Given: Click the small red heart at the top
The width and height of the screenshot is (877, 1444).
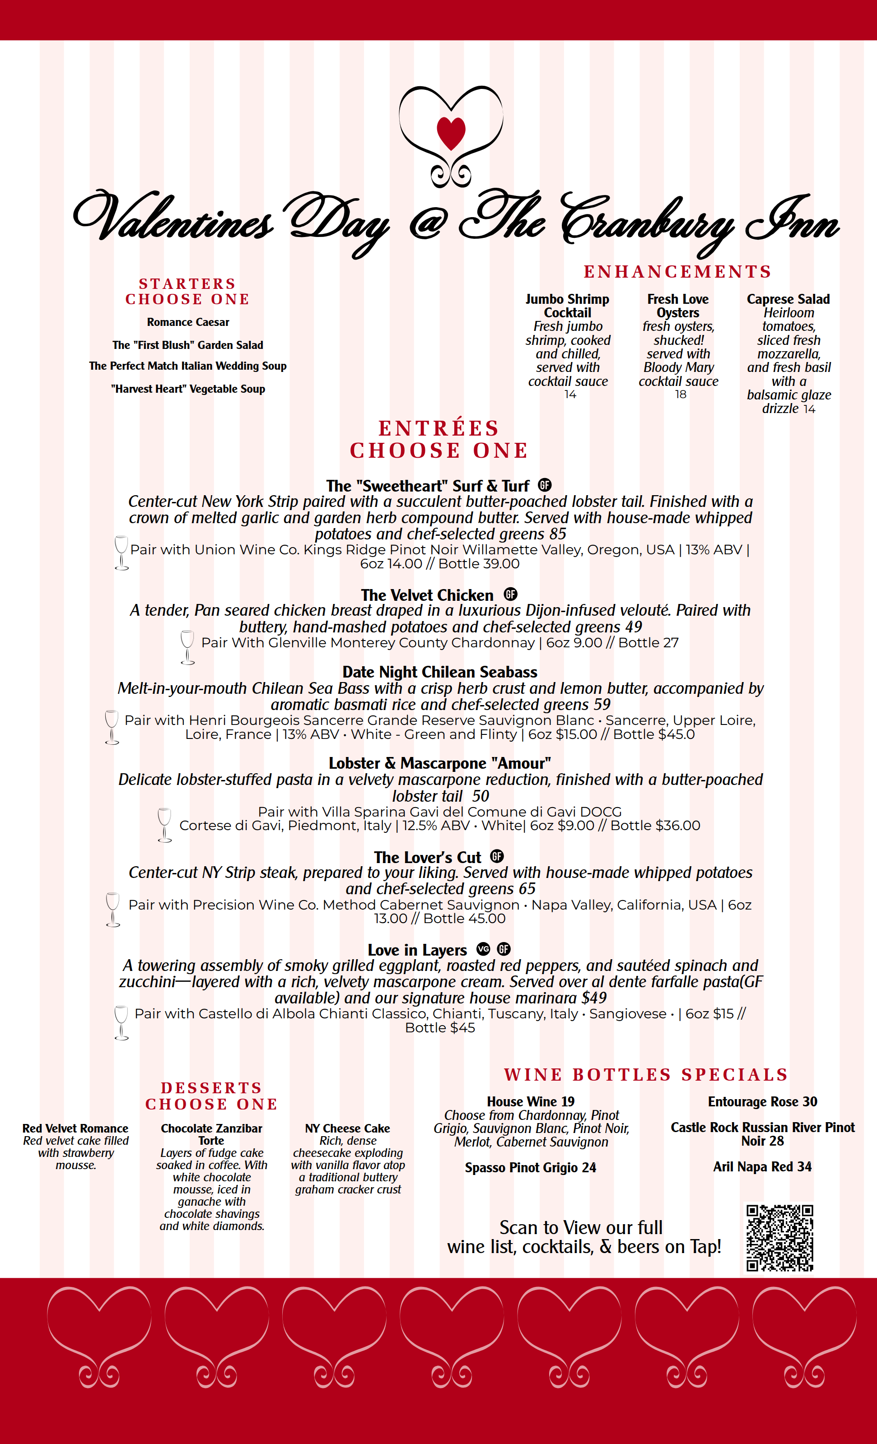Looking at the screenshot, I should [x=451, y=132].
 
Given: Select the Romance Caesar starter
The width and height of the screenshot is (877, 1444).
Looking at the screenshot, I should [x=187, y=322].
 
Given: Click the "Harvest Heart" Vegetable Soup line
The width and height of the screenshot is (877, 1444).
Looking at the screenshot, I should [x=187, y=389].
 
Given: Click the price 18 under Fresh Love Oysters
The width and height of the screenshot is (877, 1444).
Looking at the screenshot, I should [x=680, y=395].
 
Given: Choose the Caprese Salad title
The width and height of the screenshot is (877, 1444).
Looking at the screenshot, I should [x=788, y=299].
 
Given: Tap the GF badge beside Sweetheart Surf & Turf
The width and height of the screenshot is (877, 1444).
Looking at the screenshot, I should [x=545, y=485].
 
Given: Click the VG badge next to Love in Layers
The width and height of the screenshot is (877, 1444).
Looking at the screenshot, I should [x=483, y=949].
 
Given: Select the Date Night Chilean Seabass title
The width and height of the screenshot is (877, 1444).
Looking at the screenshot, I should [x=440, y=672].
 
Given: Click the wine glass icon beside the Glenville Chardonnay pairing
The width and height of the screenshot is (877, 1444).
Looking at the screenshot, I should [x=187, y=647].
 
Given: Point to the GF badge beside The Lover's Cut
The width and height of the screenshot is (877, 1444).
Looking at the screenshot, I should [x=497, y=856].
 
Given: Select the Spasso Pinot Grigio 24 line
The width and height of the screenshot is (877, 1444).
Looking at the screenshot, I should [x=530, y=1167].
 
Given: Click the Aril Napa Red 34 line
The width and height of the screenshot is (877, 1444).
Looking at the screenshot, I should [x=762, y=1166].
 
